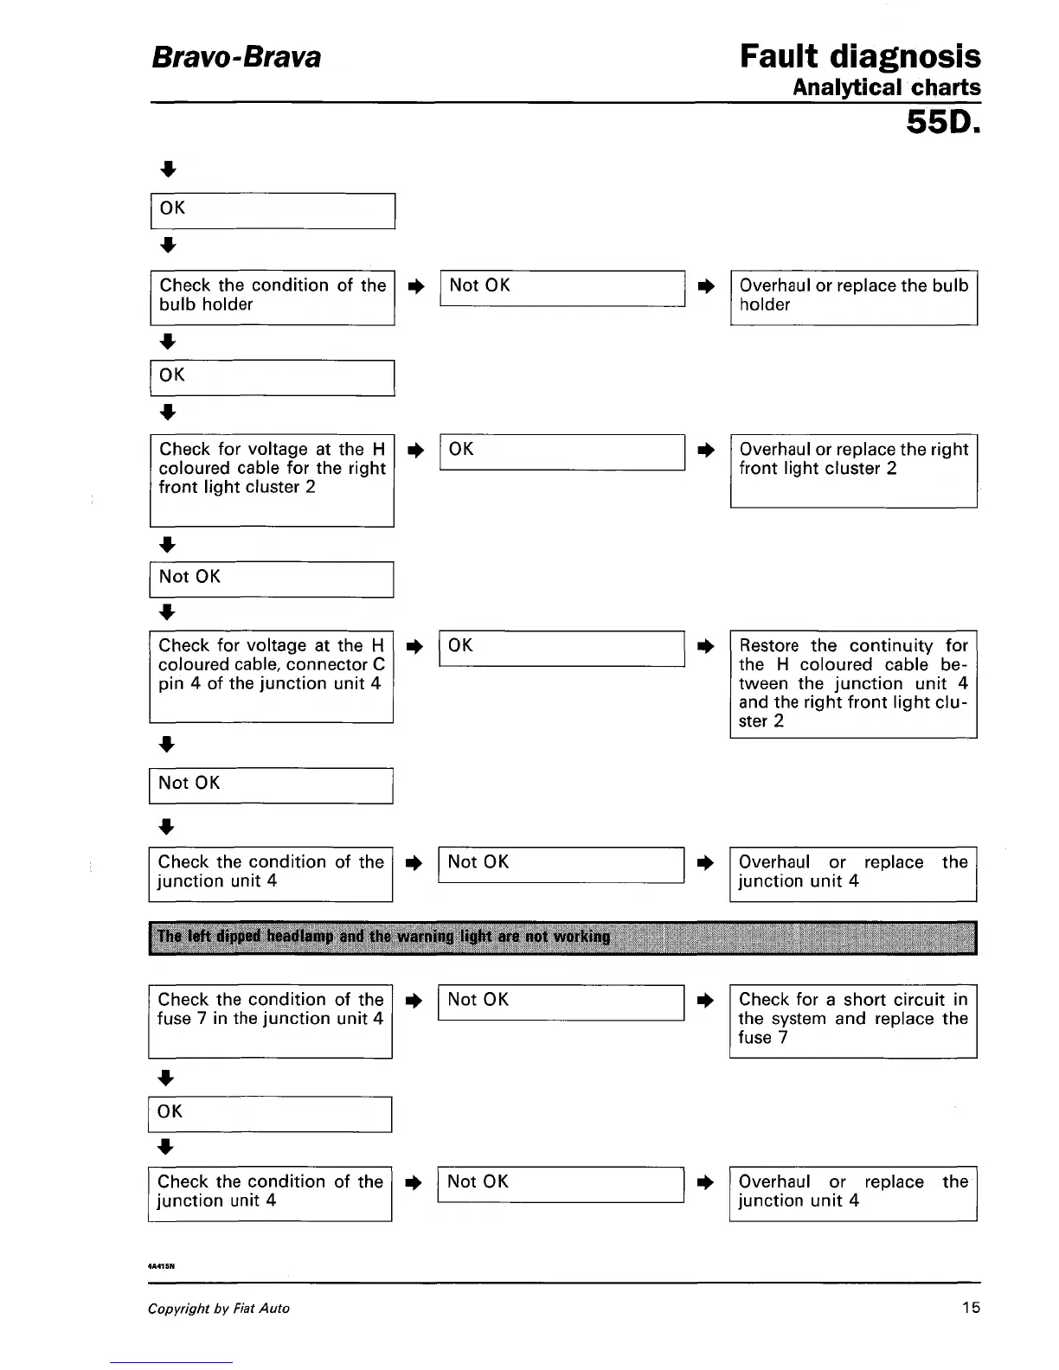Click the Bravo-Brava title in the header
point(236,57)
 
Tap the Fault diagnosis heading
point(859,56)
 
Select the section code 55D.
point(942,123)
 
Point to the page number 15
point(971,1307)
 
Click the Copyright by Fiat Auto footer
point(219,1308)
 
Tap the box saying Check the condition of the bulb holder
point(273,297)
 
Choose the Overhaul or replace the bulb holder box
point(853,297)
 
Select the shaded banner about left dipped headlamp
point(562,937)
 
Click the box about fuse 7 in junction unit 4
point(270,1021)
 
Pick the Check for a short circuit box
point(852,1021)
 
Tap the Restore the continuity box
point(852,683)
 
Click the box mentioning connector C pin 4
point(271,676)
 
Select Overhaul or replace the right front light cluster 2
point(853,470)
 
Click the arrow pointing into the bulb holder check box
point(169,245)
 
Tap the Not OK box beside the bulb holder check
point(562,288)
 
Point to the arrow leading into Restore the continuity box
point(706,646)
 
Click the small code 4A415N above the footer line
point(162,1264)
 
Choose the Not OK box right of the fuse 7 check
point(561,1002)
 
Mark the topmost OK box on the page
point(273,211)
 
